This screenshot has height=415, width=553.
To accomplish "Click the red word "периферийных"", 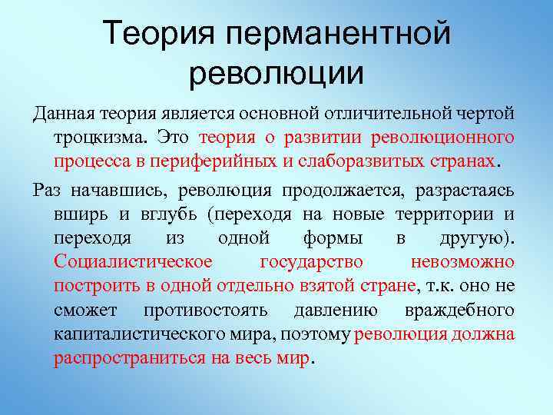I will (x=239, y=163).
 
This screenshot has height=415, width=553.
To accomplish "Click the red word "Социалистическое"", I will (x=133, y=262).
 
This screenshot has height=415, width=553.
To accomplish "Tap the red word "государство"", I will (x=310, y=262).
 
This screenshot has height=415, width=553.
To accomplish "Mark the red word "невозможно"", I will (x=463, y=262).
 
